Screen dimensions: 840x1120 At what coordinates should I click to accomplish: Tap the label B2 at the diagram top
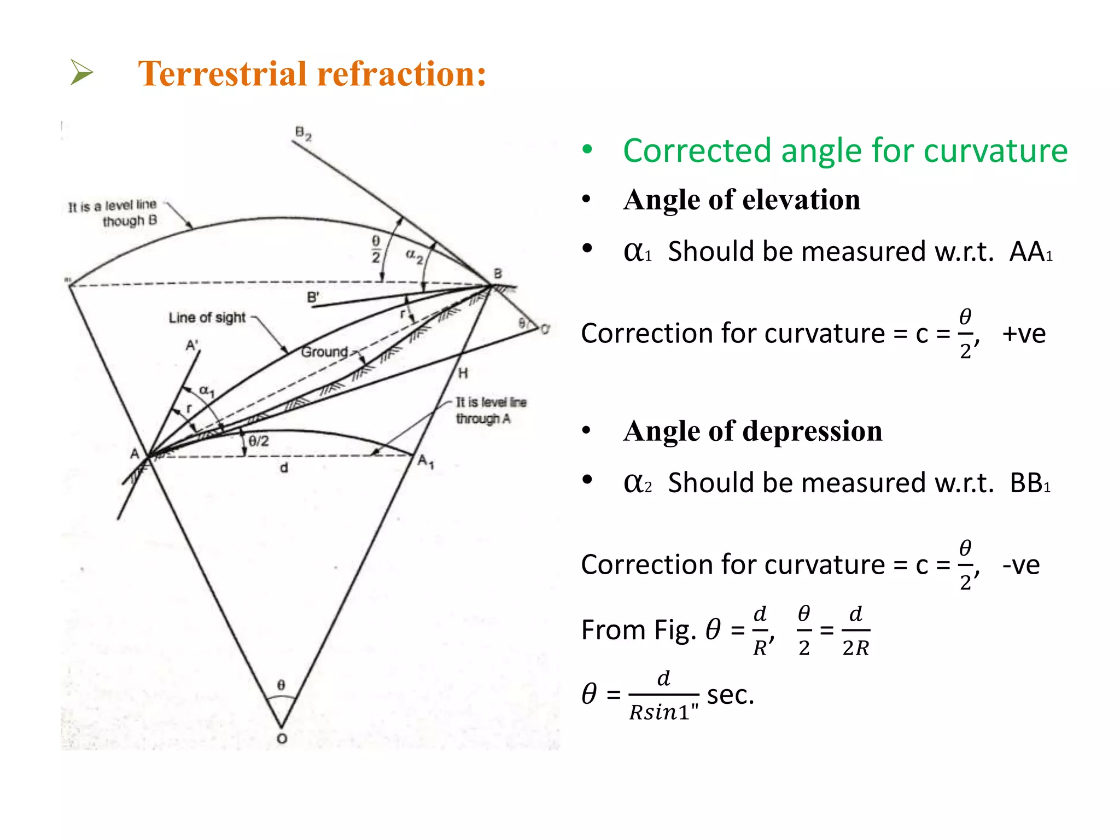303,133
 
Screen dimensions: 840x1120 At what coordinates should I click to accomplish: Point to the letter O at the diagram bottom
282,738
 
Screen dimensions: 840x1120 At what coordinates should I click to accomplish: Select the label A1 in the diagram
426,462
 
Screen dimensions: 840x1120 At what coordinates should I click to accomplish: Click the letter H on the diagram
463,374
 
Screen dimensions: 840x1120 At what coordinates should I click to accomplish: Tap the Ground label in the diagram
324,352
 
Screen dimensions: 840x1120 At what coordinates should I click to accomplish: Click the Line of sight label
207,318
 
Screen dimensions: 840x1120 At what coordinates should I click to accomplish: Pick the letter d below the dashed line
284,468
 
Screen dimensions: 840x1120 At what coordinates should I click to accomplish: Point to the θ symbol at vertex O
281,685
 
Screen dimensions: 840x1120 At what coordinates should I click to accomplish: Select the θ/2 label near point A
259,441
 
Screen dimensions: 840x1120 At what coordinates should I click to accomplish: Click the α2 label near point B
414,255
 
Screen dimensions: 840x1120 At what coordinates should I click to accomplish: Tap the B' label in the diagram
313,297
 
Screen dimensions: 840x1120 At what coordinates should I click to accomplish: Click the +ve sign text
1024,333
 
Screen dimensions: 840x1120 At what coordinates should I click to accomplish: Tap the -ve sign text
1020,564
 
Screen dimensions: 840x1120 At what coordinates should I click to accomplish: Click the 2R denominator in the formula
856,648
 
